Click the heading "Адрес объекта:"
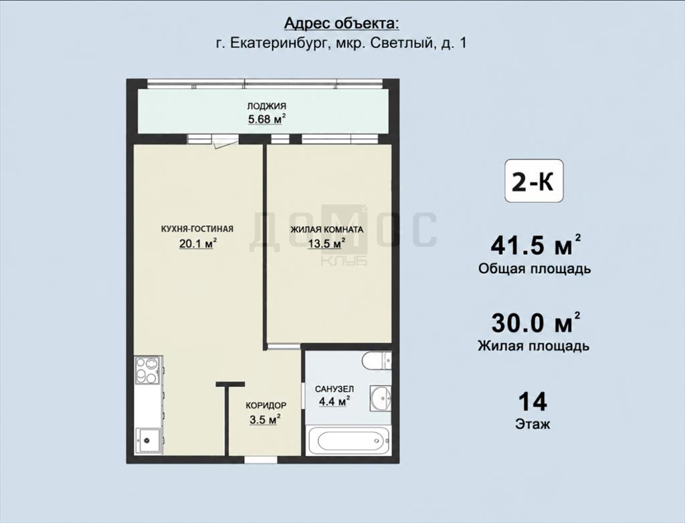342,23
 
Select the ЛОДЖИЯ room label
266,106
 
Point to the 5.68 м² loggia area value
266,119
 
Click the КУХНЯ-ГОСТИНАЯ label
197,229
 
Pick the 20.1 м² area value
198,243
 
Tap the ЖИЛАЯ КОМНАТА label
327,230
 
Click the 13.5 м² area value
327,243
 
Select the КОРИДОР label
266,405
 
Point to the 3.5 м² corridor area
265,419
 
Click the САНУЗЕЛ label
334,389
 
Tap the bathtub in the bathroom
348,441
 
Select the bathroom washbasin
381,397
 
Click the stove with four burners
147,370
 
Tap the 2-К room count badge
534,181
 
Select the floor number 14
532,401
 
